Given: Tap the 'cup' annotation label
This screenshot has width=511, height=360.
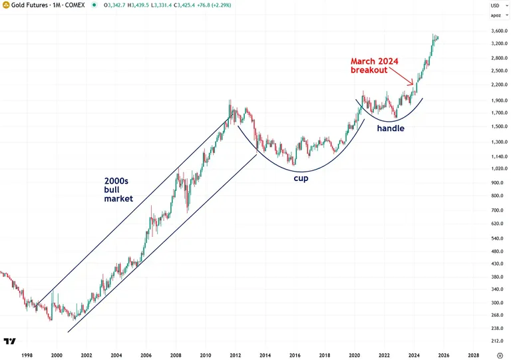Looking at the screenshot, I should [x=301, y=178].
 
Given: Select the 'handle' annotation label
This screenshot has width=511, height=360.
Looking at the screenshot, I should [x=391, y=128].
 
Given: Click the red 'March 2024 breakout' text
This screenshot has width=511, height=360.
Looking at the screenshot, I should [x=375, y=65].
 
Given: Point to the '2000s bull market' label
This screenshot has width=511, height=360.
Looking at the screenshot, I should [x=118, y=189].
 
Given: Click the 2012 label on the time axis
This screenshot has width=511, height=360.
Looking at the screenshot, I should [x=236, y=355].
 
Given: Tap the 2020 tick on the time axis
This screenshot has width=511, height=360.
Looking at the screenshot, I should [x=355, y=355].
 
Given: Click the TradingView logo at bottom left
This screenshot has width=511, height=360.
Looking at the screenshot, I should [x=9, y=341].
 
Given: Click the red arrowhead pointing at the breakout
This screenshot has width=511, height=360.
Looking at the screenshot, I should [x=413, y=84].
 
